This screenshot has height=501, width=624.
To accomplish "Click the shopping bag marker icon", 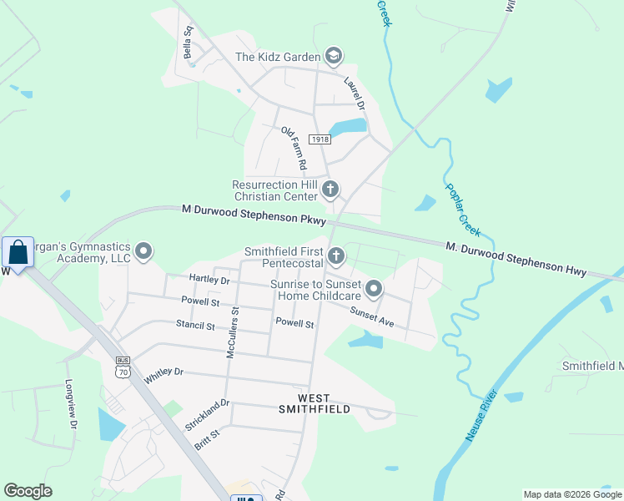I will click(18, 251).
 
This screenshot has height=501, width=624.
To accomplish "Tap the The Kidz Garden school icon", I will click(334, 56).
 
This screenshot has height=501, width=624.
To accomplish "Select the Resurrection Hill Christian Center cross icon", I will click(330, 190).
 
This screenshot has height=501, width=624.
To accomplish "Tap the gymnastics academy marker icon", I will click(144, 251).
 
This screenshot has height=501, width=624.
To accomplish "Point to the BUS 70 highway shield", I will click(123, 365).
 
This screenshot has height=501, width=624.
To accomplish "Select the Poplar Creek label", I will click(462, 208).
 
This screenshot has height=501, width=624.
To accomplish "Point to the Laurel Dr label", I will click(355, 93).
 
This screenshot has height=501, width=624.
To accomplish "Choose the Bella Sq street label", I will click(188, 42).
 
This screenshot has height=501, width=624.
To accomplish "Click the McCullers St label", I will click(233, 332).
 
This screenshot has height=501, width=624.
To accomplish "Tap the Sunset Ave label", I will click(370, 316).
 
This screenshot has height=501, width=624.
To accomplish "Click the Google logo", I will click(28, 491).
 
